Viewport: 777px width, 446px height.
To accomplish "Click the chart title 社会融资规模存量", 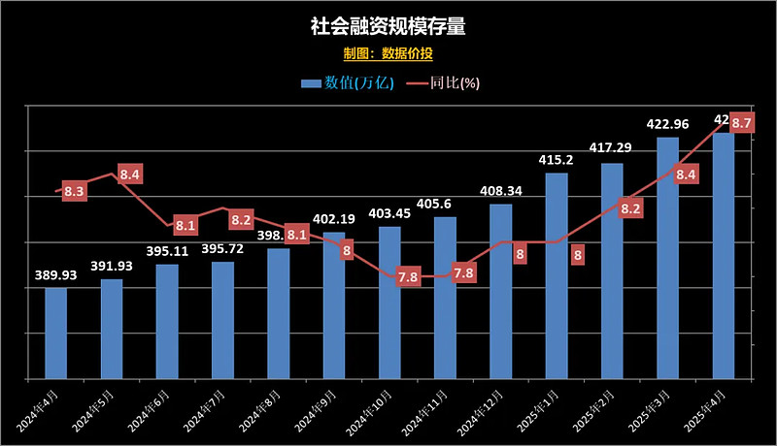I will click(388, 26).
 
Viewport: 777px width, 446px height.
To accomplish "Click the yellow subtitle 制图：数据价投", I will click(388, 53).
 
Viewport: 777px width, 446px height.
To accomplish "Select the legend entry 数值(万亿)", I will click(347, 82).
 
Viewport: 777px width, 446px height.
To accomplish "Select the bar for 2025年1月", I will click(557, 275).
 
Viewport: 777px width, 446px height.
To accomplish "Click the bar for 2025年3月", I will click(667, 257).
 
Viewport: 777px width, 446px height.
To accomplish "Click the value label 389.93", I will click(56, 275).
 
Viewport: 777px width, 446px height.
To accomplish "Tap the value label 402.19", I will click(334, 220).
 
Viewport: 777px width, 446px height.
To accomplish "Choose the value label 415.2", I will click(557, 160).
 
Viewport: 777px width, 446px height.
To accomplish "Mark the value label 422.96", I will click(667, 124).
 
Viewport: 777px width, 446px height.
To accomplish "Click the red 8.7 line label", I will click(742, 123).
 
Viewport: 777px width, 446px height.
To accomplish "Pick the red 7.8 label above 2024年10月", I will click(408, 277).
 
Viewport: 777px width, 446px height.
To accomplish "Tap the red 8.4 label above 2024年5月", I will click(130, 175).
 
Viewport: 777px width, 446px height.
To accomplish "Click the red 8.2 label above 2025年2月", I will click(630, 208).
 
